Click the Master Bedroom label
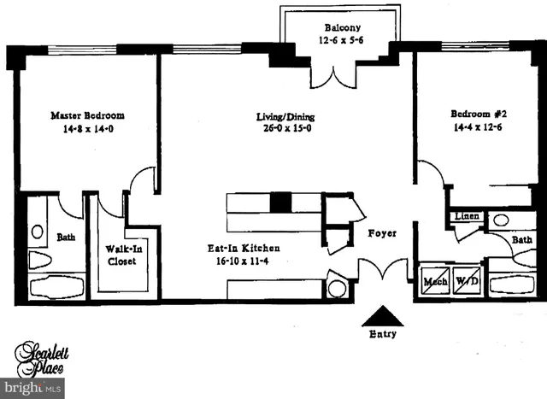(x=88, y=115)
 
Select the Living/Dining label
(x=285, y=116)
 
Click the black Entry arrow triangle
(x=381, y=315)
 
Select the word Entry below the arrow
(x=382, y=334)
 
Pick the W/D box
(x=466, y=282)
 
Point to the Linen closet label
(x=467, y=216)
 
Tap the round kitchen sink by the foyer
(x=338, y=288)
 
